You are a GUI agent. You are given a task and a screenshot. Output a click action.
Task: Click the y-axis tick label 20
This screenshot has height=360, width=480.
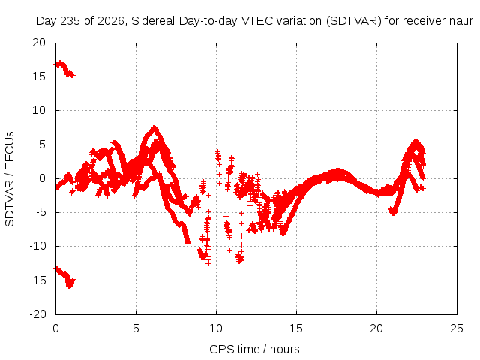pyautogui.click(x=39, y=43)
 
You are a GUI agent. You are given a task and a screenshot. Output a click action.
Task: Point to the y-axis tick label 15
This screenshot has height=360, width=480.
pyautogui.click(x=39, y=76)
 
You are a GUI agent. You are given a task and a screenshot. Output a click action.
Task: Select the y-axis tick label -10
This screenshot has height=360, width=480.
pyautogui.click(x=37, y=246)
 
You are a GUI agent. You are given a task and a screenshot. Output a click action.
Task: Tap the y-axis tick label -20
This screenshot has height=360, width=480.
pyautogui.click(x=37, y=314)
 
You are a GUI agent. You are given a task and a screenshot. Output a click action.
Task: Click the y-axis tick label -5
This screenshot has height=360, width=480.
pyautogui.click(x=39, y=212)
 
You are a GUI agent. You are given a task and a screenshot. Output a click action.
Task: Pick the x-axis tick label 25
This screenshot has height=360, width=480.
pyautogui.click(x=457, y=328)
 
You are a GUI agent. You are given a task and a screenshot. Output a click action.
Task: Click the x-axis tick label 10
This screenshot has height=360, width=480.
pyautogui.click(x=216, y=328)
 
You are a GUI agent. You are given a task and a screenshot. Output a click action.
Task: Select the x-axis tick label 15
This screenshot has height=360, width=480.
pyautogui.click(x=296, y=328)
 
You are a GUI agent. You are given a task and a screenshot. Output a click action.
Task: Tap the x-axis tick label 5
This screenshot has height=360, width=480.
pyautogui.click(x=136, y=328)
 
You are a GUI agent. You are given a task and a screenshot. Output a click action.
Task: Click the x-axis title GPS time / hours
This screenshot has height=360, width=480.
pyautogui.click(x=254, y=349)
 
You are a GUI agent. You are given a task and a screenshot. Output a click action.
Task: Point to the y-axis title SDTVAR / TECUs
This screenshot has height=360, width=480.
pyautogui.click(x=10, y=179)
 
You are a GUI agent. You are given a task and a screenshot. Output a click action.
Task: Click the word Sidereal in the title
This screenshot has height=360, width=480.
pyautogui.click(x=153, y=21)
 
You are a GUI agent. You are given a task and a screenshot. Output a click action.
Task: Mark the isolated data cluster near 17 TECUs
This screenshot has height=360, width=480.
pyautogui.click(x=64, y=69)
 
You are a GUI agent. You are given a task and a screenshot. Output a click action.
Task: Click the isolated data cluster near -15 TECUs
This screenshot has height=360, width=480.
pyautogui.click(x=65, y=277)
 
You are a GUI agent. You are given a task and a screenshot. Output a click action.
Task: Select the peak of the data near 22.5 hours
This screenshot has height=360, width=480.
pyautogui.click(x=415, y=141)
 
